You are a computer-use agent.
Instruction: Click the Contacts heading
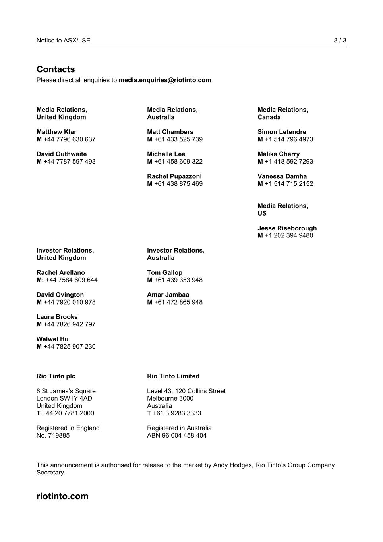tap(56, 69)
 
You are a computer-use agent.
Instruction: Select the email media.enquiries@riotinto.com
tap(164, 80)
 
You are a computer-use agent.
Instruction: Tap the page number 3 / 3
tap(340, 41)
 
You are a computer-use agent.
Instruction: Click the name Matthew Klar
tap(56, 132)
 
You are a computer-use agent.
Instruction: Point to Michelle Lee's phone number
tap(178, 162)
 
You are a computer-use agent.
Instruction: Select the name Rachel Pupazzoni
tap(174, 176)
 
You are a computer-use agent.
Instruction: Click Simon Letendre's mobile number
tap(288, 139)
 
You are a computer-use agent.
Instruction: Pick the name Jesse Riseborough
tap(287, 228)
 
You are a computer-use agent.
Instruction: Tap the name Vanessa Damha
tap(282, 176)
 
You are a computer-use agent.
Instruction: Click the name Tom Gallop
tap(164, 273)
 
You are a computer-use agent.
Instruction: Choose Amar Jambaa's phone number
tap(178, 302)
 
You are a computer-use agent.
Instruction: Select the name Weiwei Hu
tap(52, 339)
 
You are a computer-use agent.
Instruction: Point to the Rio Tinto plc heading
tap(56, 376)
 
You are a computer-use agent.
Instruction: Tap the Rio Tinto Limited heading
tap(173, 376)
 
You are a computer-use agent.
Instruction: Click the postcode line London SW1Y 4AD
tap(64, 399)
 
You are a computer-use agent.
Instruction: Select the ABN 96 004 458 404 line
tap(176, 436)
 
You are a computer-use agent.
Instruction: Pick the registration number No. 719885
tap(53, 436)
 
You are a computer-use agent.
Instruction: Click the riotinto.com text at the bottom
tap(62, 496)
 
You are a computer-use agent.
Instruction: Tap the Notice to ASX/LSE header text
tap(63, 41)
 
